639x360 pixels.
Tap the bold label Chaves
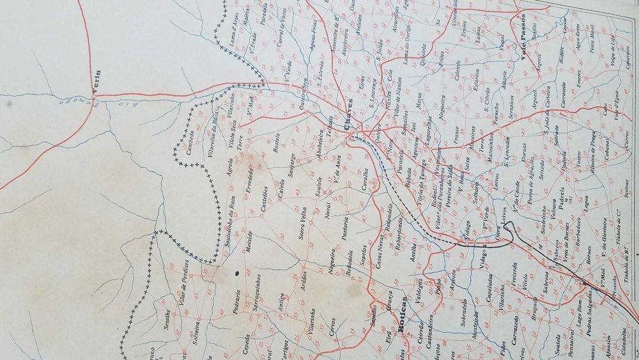(349, 120)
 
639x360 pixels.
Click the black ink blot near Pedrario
(238, 273)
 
